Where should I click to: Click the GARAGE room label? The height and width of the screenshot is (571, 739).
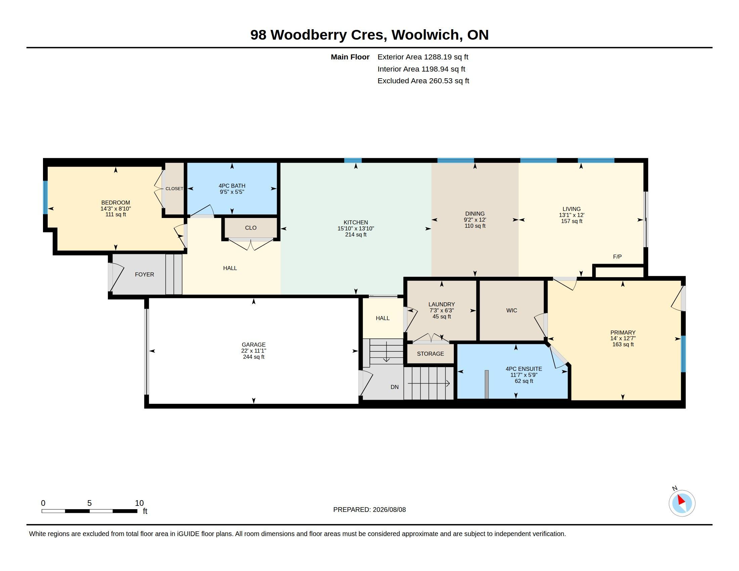pos(253,345)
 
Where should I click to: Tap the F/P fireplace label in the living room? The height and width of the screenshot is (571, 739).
pos(617,257)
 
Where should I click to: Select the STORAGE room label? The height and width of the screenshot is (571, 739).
pos(430,354)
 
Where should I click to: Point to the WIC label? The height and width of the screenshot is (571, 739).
pos(512,311)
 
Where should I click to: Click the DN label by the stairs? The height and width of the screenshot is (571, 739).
pos(395,387)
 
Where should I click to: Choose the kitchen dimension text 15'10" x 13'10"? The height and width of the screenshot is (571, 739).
pos(356,229)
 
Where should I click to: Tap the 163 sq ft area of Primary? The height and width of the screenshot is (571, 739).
pos(623,344)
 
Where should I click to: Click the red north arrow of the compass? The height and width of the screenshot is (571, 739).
pos(681,500)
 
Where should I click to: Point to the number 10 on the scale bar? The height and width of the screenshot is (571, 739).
pos(139,503)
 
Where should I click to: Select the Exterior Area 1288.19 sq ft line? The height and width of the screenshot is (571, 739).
pos(423,57)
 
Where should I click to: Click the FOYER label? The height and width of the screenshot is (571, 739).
pos(144,275)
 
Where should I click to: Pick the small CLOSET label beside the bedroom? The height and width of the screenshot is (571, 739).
pos(174,189)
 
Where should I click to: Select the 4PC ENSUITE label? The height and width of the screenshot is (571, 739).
pos(524,369)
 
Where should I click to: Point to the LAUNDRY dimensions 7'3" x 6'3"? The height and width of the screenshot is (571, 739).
pos(442,311)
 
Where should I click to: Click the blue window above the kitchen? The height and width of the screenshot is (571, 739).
pos(353,160)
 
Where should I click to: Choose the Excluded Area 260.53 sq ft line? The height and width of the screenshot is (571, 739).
pos(423,81)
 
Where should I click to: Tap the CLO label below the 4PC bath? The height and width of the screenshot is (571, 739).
pos(251,228)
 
